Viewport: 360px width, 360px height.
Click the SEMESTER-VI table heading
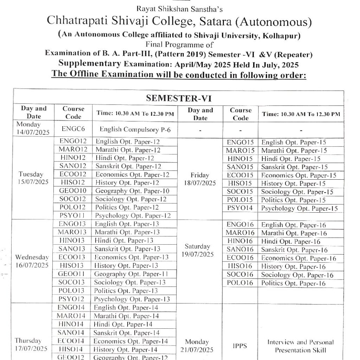[x=178, y=97]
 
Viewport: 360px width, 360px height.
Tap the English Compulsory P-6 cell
[x=135, y=129]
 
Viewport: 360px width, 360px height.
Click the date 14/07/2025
[x=33, y=132]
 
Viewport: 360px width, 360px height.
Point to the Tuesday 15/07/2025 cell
[x=33, y=178]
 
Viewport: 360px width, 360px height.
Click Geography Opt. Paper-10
[x=132, y=191]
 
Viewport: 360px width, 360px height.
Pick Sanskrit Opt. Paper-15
[x=294, y=167]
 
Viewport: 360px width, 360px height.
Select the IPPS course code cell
[x=240, y=346]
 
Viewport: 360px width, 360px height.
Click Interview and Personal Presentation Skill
[x=301, y=346]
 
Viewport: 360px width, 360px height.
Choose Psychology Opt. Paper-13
[x=132, y=299]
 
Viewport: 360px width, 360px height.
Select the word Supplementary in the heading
[x=90, y=65]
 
